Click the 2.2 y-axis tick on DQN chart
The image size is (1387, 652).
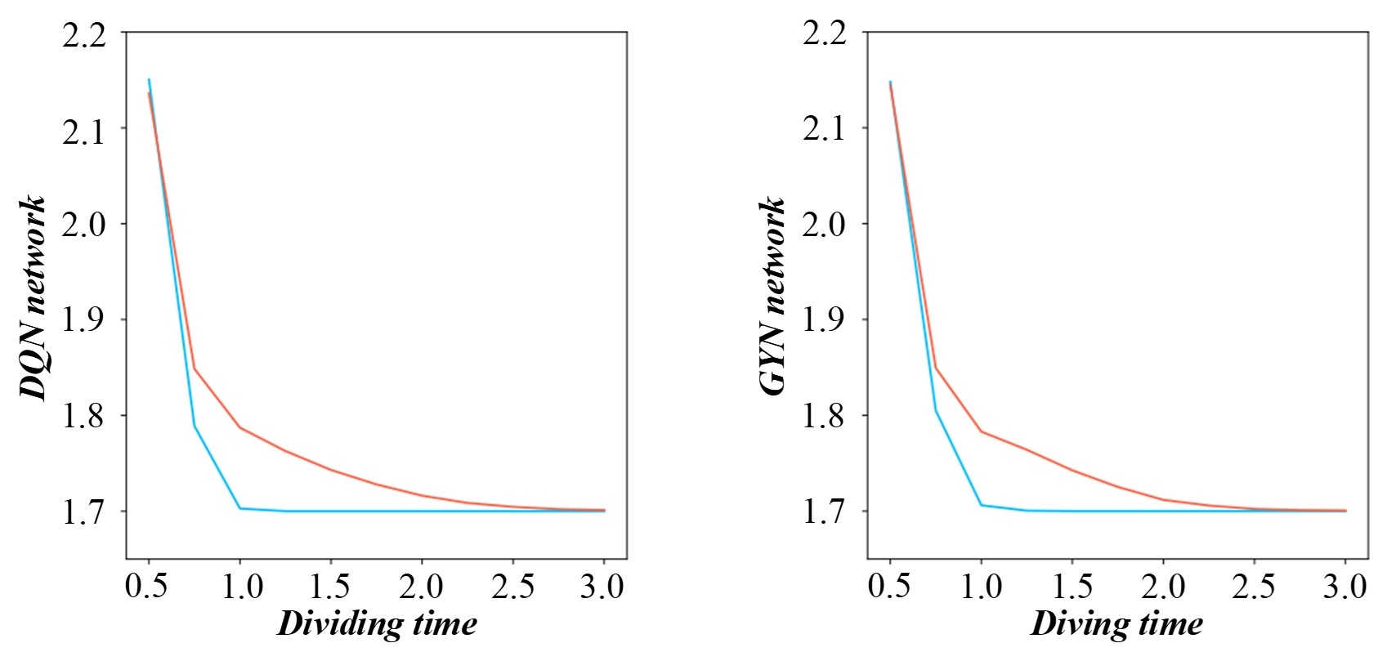[84, 35]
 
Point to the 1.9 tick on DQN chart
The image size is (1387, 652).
[84, 320]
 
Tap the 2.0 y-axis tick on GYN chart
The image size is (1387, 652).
[825, 225]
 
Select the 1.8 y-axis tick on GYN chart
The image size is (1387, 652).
[825, 416]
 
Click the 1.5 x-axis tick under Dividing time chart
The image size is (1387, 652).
[329, 587]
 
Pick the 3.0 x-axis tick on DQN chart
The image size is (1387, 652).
[602, 587]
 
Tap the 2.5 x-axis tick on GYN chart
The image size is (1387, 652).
[1253, 587]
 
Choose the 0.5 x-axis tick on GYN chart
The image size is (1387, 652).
[889, 587]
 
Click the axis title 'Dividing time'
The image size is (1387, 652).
[377, 624]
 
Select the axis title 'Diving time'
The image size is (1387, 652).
[1116, 624]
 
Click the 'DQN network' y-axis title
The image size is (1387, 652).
[34, 297]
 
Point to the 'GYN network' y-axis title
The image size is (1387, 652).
[774, 297]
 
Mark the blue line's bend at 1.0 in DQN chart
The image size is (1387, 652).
[239, 508]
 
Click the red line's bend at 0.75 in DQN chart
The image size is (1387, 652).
[195, 369]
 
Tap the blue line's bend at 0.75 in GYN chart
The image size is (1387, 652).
[936, 410]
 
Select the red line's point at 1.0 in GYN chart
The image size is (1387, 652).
[981, 431]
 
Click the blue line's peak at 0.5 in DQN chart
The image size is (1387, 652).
[149, 79]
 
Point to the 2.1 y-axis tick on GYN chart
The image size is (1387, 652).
[825, 129]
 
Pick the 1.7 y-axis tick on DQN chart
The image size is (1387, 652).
[84, 512]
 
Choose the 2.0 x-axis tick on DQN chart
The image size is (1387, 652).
[420, 587]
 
